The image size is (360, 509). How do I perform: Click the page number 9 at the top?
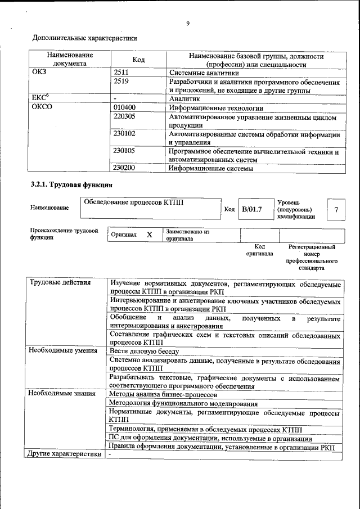188,24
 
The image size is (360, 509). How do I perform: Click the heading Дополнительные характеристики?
84,38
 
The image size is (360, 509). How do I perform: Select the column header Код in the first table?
138,60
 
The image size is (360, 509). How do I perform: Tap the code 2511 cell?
121,73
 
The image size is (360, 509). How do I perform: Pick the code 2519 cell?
121,82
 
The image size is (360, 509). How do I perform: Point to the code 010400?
124,107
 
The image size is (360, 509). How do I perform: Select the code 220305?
124,117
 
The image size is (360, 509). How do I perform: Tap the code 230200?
124,168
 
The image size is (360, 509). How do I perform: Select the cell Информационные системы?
211,168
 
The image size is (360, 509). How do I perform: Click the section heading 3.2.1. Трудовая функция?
71,185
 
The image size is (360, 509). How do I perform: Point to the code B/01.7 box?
251,210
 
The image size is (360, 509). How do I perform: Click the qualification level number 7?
336,210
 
